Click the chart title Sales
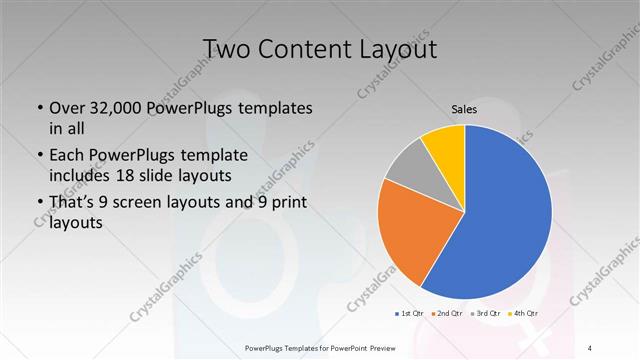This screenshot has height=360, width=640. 464,109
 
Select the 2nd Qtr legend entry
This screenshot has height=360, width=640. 447,313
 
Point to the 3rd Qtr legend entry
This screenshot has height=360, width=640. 483,313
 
